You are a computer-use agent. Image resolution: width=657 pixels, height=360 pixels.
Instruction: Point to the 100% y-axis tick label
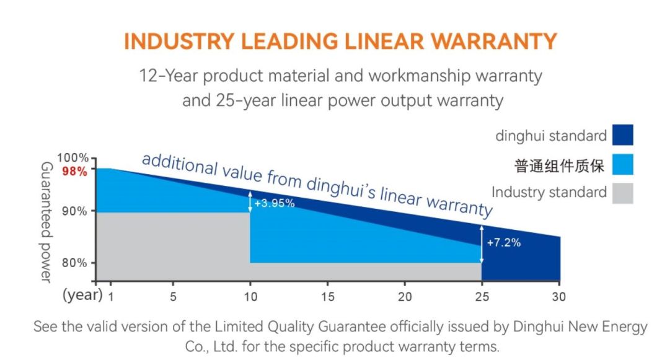(x=73, y=159)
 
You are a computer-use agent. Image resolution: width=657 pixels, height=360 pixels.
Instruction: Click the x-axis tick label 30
(x=560, y=297)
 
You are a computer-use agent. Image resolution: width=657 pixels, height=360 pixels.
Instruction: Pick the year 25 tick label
(x=482, y=297)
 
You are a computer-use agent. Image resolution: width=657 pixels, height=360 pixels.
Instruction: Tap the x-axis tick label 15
(x=328, y=297)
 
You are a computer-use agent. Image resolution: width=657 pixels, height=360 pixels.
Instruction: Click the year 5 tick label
(x=173, y=297)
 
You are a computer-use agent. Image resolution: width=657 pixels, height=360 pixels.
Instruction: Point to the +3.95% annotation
(x=275, y=203)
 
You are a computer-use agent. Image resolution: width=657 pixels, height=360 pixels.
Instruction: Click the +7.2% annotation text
(x=504, y=242)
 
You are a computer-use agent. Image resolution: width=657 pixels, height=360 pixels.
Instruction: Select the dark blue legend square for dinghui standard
(x=622, y=135)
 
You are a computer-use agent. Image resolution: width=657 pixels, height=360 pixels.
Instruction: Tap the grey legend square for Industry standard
(x=622, y=193)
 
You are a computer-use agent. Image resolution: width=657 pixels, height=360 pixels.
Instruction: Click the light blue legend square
(x=622, y=164)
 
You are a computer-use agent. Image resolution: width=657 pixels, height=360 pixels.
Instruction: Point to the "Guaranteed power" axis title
(x=45, y=222)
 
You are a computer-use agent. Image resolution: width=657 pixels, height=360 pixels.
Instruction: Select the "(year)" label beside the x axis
(x=82, y=295)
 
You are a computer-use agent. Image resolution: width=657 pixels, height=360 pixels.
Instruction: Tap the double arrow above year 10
(x=250, y=201)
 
